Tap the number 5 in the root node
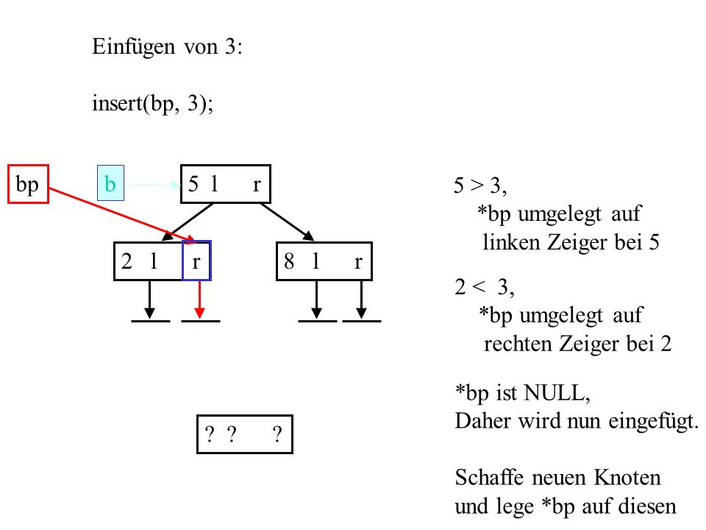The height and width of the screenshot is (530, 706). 193,184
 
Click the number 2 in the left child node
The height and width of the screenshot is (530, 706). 126,261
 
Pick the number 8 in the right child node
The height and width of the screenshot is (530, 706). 289,261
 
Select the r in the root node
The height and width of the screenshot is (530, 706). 257,185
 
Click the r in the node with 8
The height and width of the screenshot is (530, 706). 358,262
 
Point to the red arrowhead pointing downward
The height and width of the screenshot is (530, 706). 199,314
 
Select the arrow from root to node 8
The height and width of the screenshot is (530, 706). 287,222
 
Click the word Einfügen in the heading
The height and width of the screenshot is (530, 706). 133,47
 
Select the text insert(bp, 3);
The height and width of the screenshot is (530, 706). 153,104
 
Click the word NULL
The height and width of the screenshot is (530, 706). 557,392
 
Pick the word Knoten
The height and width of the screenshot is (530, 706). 627,477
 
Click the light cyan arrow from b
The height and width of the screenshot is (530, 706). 153,185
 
